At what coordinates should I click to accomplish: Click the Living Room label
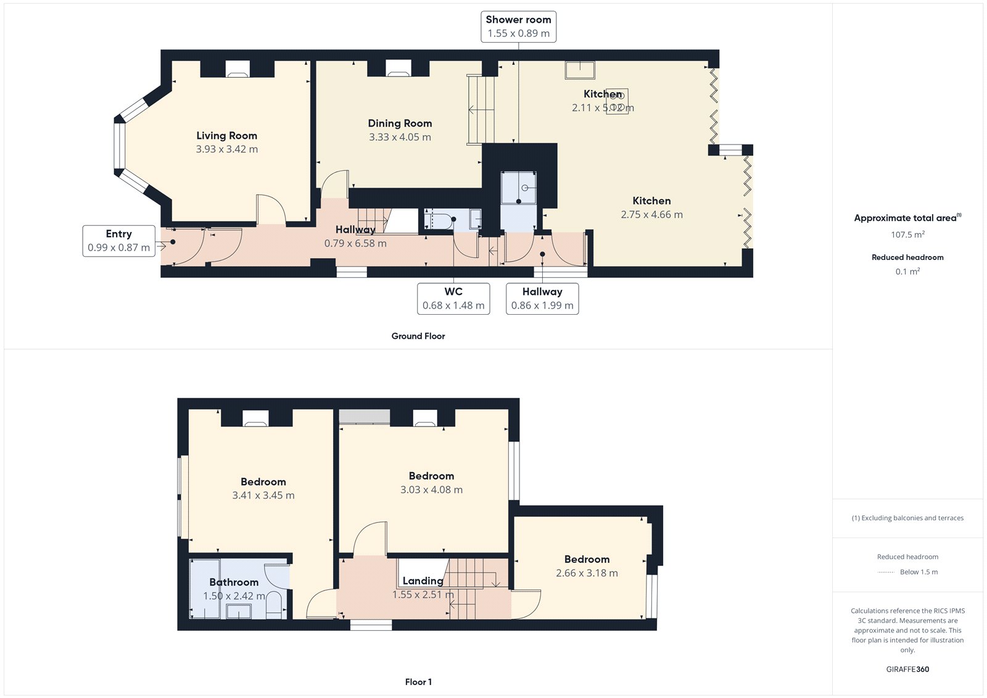226,136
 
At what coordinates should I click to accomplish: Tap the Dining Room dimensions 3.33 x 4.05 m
400,137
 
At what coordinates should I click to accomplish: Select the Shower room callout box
518,27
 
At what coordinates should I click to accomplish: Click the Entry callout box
118,241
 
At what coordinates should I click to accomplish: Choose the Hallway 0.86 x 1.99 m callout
542,299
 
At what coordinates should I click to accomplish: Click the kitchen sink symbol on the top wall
580,70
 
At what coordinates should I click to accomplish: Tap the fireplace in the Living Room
237,69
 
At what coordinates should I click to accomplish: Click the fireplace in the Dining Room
398,69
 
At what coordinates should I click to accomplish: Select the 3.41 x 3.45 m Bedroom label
263,488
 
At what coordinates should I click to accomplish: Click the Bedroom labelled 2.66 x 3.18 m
587,566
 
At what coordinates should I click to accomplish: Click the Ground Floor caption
418,336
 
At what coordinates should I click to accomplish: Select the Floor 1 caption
418,682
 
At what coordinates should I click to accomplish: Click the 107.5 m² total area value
907,235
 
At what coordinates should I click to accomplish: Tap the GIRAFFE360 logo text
907,669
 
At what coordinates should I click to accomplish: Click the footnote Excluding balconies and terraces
907,518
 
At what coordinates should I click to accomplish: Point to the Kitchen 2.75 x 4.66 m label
651,207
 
